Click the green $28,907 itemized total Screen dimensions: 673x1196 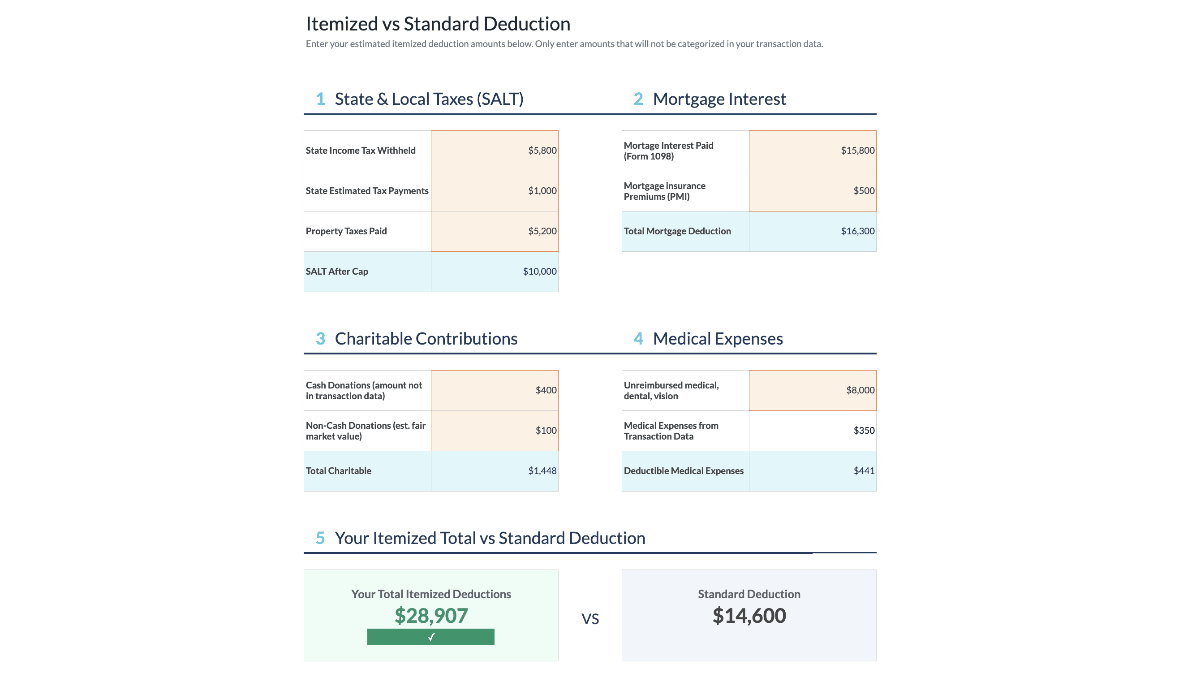click(431, 616)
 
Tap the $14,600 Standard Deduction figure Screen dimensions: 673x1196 click(749, 616)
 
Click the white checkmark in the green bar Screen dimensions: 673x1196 click(431, 637)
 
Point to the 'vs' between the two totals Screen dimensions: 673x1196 click(590, 619)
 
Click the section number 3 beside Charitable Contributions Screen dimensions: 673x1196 click(320, 339)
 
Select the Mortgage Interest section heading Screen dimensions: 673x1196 click(719, 99)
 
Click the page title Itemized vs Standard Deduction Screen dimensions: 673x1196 click(438, 24)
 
